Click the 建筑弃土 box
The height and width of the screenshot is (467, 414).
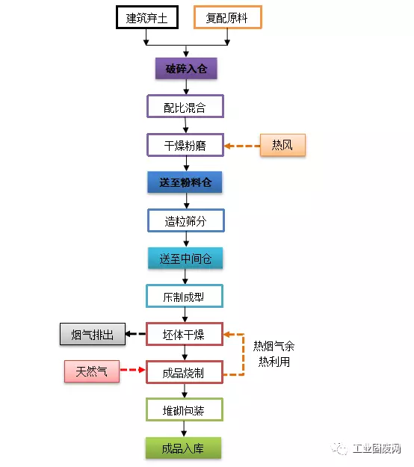click(x=147, y=17)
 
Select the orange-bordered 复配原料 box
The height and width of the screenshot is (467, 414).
click(x=228, y=17)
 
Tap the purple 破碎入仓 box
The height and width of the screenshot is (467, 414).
click(x=186, y=69)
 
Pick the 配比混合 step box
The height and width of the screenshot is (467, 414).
click(x=185, y=106)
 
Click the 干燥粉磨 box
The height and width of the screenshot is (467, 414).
click(x=185, y=145)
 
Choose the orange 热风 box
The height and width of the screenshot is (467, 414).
click(x=282, y=145)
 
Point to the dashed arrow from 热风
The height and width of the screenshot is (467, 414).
click(x=242, y=146)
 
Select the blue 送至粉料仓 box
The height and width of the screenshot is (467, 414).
click(x=185, y=182)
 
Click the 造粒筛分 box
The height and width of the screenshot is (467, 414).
click(x=186, y=220)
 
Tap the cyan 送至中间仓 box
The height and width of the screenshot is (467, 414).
click(x=185, y=259)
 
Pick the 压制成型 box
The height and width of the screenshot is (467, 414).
click(x=185, y=296)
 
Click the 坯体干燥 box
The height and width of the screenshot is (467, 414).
click(x=185, y=334)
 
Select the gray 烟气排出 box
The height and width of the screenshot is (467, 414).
click(x=93, y=334)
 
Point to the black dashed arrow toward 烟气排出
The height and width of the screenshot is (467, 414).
click(x=135, y=334)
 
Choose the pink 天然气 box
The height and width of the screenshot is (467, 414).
click(x=92, y=371)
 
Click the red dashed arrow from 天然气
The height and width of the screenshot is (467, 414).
click(x=132, y=370)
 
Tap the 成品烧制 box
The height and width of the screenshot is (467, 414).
click(x=185, y=372)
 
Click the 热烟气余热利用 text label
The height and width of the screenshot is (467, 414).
click(x=274, y=354)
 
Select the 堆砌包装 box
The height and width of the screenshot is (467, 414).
click(x=185, y=409)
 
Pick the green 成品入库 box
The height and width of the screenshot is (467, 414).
click(x=184, y=448)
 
